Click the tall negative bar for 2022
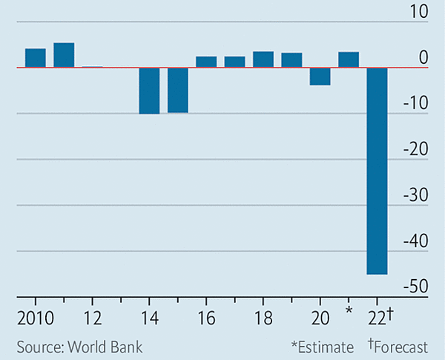tap(377, 171)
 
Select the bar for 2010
tap(36, 58)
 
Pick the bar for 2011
tap(64, 55)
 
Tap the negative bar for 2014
tap(149, 91)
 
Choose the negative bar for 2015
tap(177, 90)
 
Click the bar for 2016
tap(206, 62)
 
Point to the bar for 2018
tap(263, 59)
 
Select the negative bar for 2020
tap(320, 76)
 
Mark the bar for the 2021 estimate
tap(349, 60)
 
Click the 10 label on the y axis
tap(418, 12)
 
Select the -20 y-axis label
tap(414, 149)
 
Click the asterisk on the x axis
tap(349, 310)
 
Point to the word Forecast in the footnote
tap(401, 346)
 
